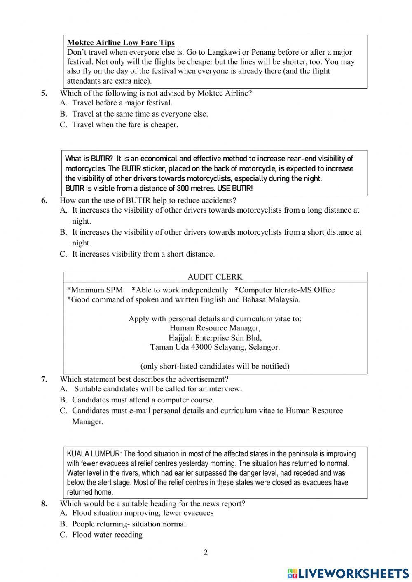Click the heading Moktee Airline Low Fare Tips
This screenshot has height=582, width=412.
point(121,43)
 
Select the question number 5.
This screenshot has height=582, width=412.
point(44,93)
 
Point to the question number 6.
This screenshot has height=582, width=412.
point(44,201)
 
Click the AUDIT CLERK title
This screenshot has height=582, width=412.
point(215,277)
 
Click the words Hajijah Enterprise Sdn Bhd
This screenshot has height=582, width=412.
point(215,338)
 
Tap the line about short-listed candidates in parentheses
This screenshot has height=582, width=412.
point(215,366)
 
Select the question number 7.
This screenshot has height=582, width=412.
point(44,379)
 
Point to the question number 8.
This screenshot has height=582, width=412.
point(44,504)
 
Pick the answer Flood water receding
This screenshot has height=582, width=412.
point(107,535)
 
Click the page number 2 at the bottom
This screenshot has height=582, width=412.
point(206,553)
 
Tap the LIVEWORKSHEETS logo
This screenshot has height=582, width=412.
point(349,573)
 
